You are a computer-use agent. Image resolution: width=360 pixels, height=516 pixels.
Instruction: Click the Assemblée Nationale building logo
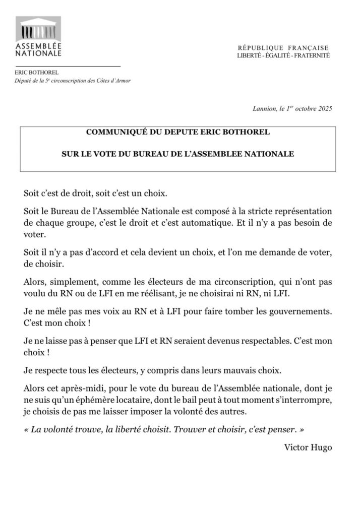click(x=38, y=29)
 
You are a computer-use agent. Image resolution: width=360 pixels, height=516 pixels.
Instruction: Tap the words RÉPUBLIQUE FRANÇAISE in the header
click(x=283, y=47)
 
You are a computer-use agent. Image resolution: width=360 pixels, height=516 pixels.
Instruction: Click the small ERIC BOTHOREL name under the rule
click(x=36, y=72)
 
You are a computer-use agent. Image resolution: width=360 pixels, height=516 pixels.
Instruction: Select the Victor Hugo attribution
click(x=308, y=447)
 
